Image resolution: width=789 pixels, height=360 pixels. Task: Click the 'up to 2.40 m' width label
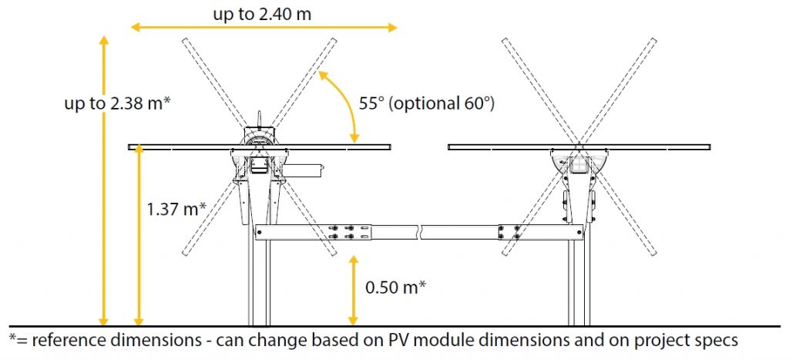[x=265, y=13]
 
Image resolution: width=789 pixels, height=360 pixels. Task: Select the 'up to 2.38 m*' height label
[x=116, y=103]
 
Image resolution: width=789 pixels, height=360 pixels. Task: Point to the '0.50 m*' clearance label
[x=396, y=287]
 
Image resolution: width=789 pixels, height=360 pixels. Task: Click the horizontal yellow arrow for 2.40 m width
[x=264, y=28]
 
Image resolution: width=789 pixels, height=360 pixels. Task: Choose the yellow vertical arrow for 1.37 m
[x=139, y=234]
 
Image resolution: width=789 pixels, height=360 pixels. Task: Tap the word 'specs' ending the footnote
[x=717, y=340]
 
